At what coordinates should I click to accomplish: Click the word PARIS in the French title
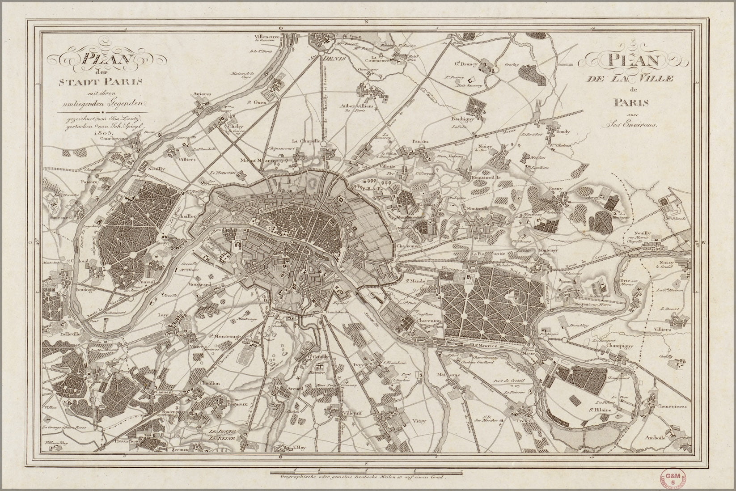pyautogui.click(x=632, y=103)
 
